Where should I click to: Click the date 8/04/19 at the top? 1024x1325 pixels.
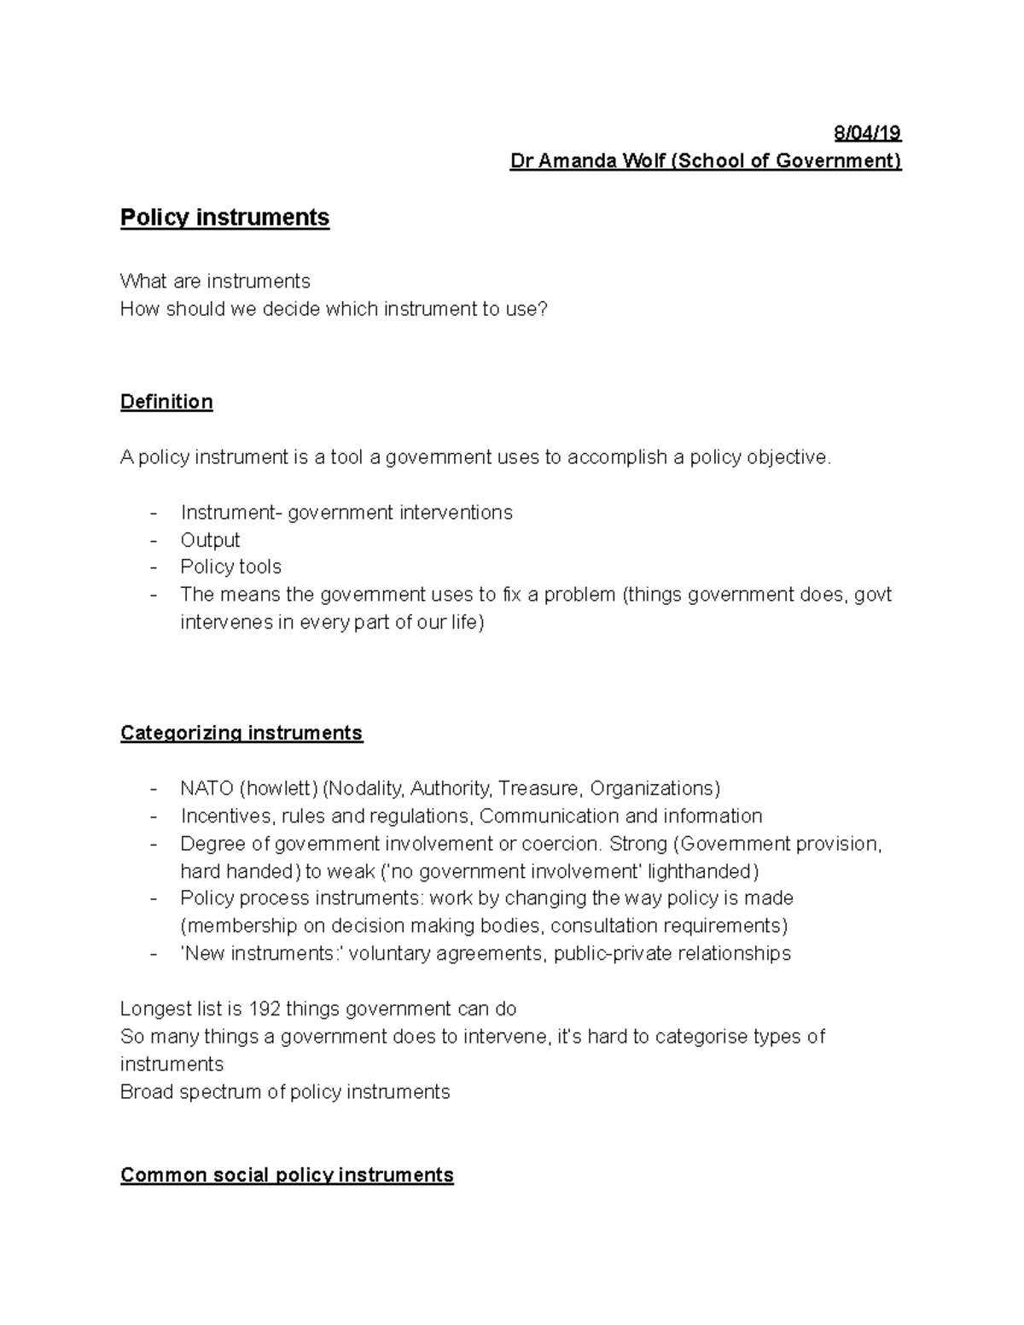click(x=867, y=133)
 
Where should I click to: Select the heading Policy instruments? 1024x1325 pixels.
click(x=224, y=218)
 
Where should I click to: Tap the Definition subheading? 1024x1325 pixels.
click(x=166, y=402)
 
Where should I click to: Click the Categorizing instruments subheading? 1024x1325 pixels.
click(x=241, y=733)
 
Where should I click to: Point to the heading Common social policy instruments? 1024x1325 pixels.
click(x=287, y=1175)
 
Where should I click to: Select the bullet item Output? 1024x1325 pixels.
click(x=210, y=540)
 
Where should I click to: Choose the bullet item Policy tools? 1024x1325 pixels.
click(x=230, y=567)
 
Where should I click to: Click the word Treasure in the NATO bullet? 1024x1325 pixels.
click(x=538, y=788)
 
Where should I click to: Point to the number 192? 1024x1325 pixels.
click(x=264, y=1009)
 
